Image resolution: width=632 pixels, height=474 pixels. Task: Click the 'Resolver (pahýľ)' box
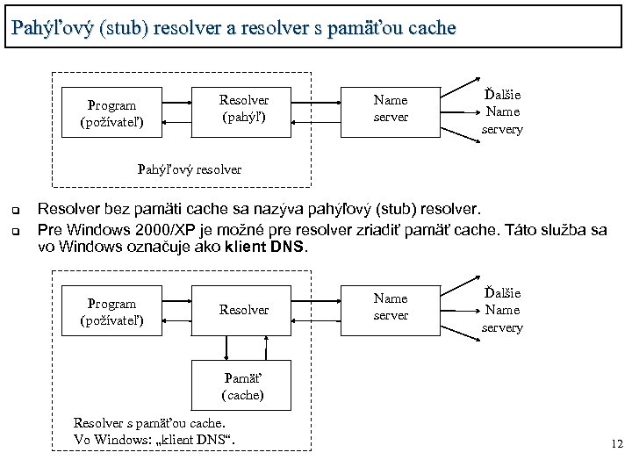pyautogui.click(x=243, y=109)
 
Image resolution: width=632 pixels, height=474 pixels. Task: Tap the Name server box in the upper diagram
pyautogui.click(x=391, y=109)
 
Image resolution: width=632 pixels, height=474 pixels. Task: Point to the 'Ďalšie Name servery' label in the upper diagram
pyautogui.click(x=502, y=111)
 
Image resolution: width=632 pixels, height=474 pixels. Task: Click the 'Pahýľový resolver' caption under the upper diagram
pyautogui.click(x=189, y=168)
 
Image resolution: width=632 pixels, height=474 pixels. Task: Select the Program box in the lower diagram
pyautogui.click(x=112, y=312)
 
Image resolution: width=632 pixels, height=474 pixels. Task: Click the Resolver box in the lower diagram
pyautogui.click(x=243, y=310)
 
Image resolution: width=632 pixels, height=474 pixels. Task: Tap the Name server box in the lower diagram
pyautogui.click(x=391, y=307)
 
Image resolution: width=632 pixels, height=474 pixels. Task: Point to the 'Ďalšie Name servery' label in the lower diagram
pyautogui.click(x=502, y=310)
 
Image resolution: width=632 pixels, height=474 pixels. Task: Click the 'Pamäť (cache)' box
pyautogui.click(x=243, y=386)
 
